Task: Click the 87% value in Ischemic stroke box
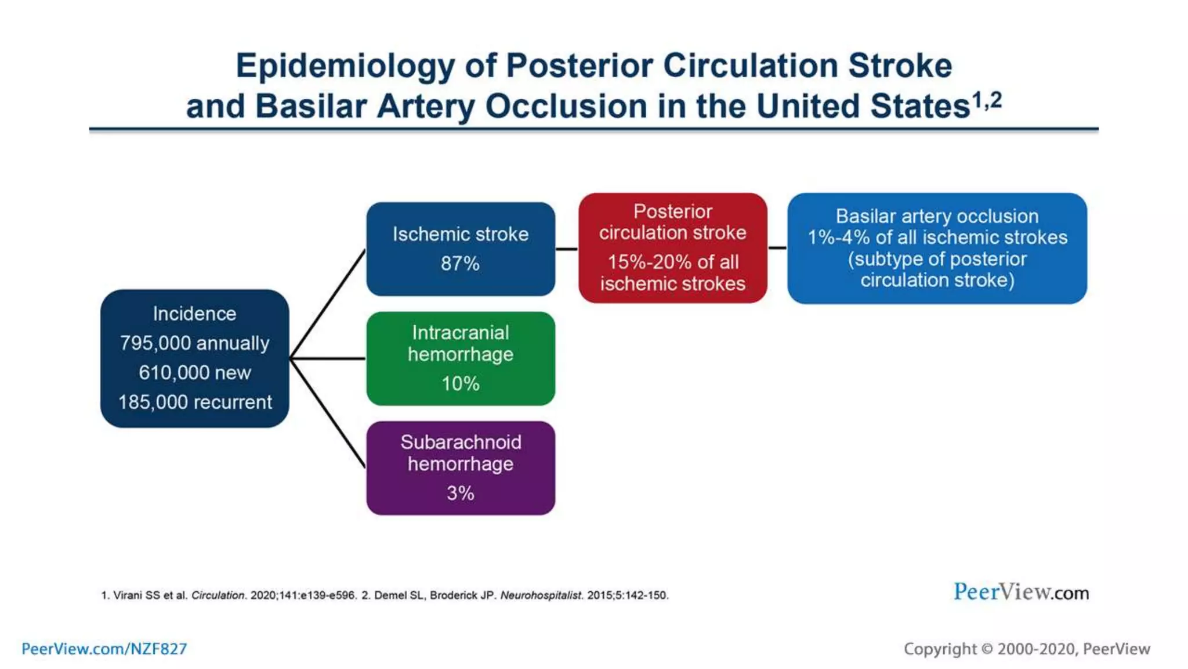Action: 460,264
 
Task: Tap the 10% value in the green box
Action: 460,384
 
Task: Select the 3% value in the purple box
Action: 460,494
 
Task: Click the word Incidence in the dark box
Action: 194,314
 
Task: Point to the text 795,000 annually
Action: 194,343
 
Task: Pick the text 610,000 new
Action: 194,373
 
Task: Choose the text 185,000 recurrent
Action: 195,402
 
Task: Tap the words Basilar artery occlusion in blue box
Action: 937,217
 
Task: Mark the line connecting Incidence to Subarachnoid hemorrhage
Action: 328,413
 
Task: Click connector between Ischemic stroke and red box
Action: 567,249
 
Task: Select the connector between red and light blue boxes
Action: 777,248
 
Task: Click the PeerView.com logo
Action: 1021,592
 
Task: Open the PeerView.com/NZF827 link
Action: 104,649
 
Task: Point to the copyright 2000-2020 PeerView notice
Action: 1027,649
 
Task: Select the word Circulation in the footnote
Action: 218,595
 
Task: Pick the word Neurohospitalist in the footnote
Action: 541,595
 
